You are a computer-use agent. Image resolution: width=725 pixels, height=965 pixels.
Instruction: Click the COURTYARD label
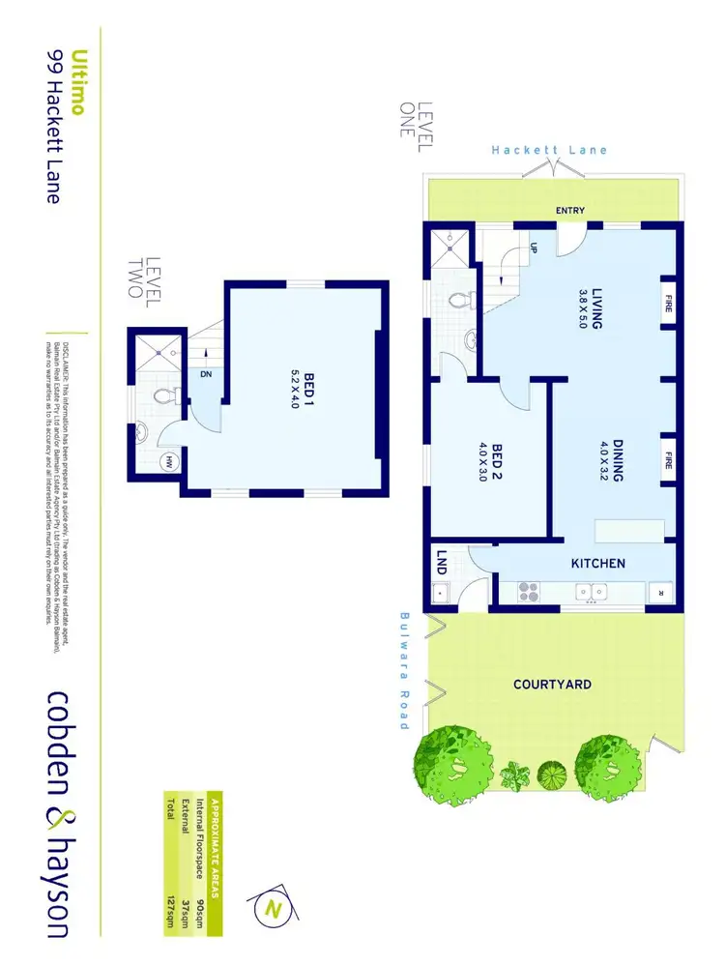pyautogui.click(x=552, y=685)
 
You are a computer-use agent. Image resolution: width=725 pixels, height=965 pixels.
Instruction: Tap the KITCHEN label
pyautogui.click(x=598, y=563)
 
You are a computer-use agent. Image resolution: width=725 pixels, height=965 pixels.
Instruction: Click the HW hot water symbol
pyautogui.click(x=170, y=462)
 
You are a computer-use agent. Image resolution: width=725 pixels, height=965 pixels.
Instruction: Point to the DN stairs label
pyautogui.click(x=206, y=374)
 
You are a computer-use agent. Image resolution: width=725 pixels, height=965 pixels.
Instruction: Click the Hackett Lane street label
pyautogui.click(x=549, y=150)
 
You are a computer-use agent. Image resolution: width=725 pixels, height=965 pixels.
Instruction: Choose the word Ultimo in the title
pyautogui.click(x=80, y=82)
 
